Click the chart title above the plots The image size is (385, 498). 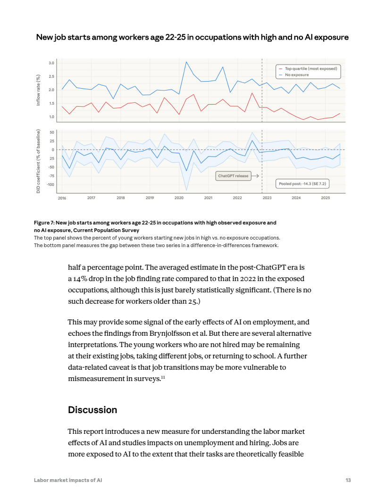(192, 37)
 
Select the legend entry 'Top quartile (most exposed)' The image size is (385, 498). (311, 69)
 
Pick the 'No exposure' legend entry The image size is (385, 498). (297, 75)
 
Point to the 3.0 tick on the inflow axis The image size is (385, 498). (51, 63)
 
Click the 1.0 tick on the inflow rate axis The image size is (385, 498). (51, 117)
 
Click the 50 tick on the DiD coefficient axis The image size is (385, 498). (52, 133)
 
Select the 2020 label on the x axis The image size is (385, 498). (179, 198)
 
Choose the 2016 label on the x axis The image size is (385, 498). (62, 198)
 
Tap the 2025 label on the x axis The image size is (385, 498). (325, 198)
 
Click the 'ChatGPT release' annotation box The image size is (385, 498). (233, 176)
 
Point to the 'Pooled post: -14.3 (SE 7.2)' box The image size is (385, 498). (302, 183)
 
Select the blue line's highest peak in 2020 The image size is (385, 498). (186, 62)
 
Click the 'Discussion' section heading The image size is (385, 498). (92, 410)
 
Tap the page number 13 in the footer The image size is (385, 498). (348, 480)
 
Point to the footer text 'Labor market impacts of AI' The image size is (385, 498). (68, 480)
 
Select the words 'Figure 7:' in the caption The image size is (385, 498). (44, 222)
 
